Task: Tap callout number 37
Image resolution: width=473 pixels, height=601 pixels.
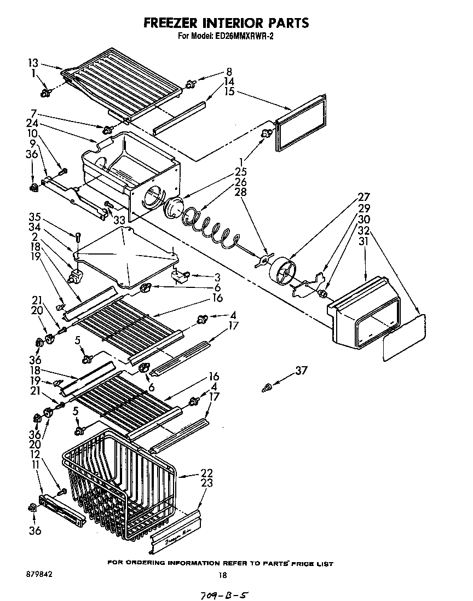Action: (x=301, y=371)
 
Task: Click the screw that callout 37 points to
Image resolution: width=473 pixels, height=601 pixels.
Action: (x=268, y=388)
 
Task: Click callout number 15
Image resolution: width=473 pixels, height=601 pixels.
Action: (x=229, y=91)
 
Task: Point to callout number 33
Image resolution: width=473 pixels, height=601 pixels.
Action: (x=119, y=221)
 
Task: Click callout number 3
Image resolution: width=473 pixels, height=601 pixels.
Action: (x=217, y=276)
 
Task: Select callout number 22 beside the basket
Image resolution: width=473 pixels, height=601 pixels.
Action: (x=207, y=473)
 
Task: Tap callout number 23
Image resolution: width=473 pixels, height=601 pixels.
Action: (x=207, y=483)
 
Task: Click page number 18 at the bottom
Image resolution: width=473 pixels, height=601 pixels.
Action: (x=222, y=575)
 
